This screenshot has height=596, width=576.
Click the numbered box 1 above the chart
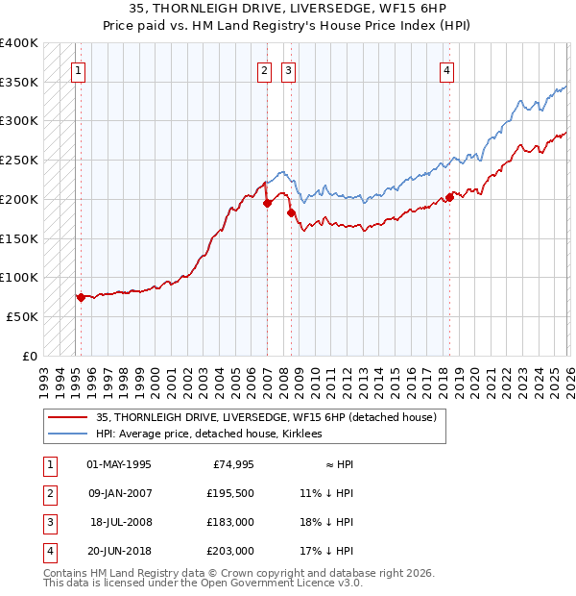[x=78, y=68]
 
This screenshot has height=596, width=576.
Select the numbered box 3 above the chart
[x=288, y=68]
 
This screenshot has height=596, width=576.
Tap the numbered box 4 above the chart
[x=447, y=68]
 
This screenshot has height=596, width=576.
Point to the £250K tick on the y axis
[x=19, y=160]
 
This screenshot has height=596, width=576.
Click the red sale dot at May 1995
[x=81, y=297]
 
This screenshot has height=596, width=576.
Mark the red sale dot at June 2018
[x=448, y=198]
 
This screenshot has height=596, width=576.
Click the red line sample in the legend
[x=67, y=418]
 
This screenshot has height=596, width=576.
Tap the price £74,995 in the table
[x=230, y=464]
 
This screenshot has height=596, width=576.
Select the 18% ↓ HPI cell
[x=326, y=524]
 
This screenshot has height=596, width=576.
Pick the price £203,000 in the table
[x=230, y=552]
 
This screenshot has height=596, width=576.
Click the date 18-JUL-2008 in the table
[x=121, y=524]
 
